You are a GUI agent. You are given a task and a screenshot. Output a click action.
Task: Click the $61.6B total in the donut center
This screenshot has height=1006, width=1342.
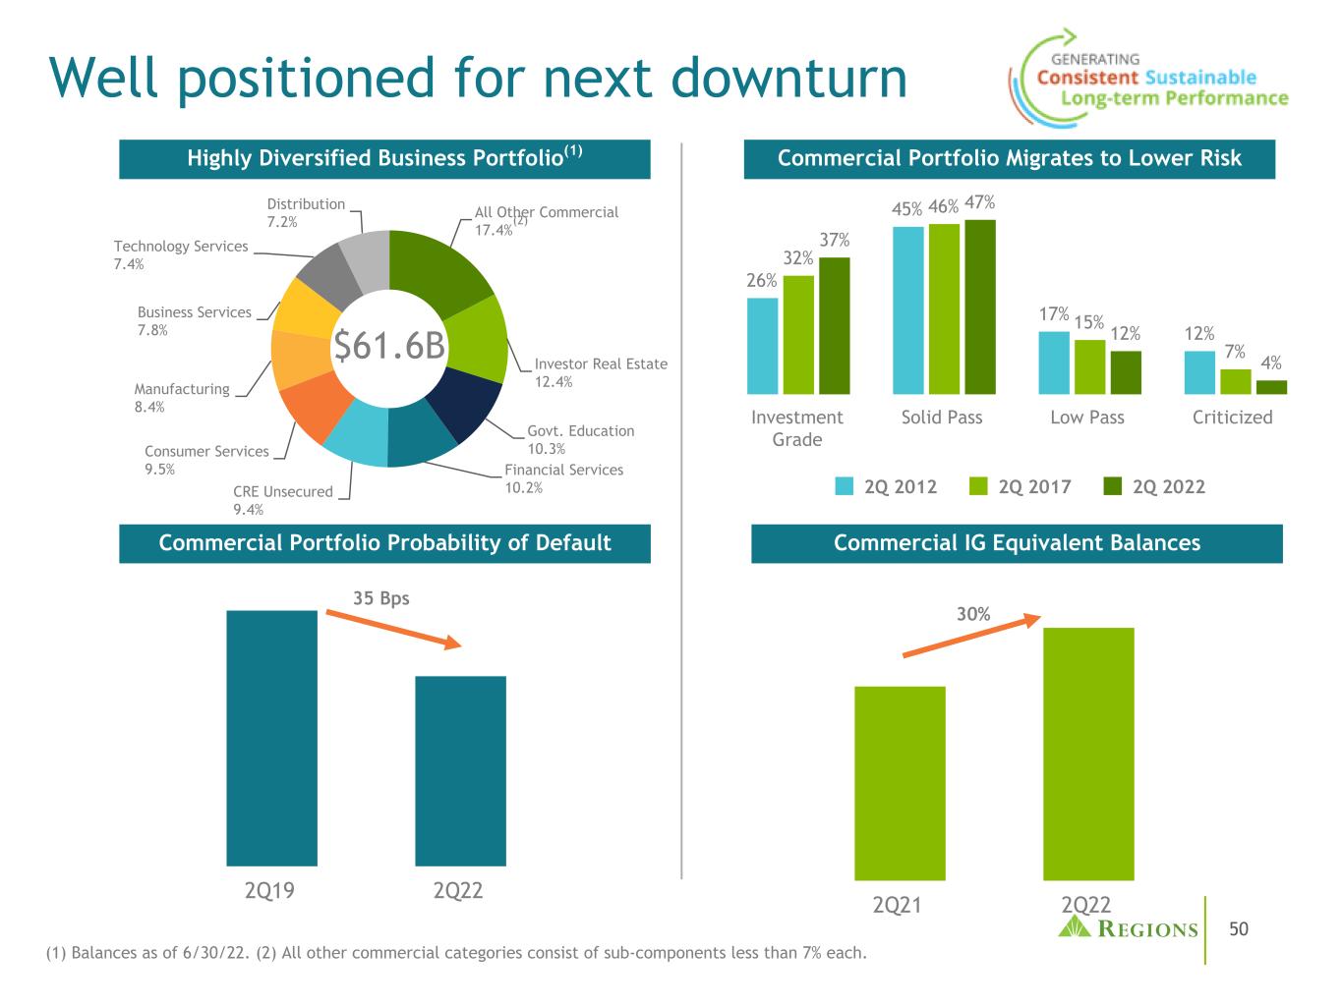click(389, 346)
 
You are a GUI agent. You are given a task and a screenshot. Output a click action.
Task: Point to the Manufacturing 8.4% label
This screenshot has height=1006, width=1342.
click(182, 397)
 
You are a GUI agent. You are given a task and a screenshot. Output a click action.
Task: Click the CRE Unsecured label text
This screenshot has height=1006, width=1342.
click(283, 491)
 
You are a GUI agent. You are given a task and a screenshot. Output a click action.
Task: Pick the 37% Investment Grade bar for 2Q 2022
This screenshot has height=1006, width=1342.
click(834, 325)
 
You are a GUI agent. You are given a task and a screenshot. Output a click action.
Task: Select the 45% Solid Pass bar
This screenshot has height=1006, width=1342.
click(907, 309)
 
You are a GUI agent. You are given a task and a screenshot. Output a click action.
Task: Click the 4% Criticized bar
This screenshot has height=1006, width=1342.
click(1271, 387)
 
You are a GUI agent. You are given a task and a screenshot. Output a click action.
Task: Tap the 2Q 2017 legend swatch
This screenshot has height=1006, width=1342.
click(977, 486)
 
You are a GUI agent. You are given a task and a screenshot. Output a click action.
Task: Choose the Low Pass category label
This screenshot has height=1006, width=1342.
click(1086, 417)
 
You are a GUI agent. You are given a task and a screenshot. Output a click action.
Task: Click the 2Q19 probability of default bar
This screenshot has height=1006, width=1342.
click(271, 737)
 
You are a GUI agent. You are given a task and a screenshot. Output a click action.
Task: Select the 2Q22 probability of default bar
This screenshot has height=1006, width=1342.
click(460, 770)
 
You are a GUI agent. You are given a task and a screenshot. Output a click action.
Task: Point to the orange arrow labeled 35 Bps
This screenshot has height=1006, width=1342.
click(393, 629)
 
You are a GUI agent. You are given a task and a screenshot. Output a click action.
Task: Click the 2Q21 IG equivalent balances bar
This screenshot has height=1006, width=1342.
click(900, 783)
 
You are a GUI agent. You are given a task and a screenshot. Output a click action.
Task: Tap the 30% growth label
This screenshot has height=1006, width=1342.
click(973, 614)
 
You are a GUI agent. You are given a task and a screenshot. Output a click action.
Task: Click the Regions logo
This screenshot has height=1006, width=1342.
click(1128, 928)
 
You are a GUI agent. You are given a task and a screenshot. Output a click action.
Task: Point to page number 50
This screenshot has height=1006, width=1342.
click(1239, 929)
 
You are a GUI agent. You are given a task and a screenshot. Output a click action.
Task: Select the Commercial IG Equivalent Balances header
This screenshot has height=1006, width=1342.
click(1017, 543)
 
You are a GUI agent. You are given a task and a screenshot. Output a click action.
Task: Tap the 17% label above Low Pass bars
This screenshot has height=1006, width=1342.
click(1053, 313)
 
